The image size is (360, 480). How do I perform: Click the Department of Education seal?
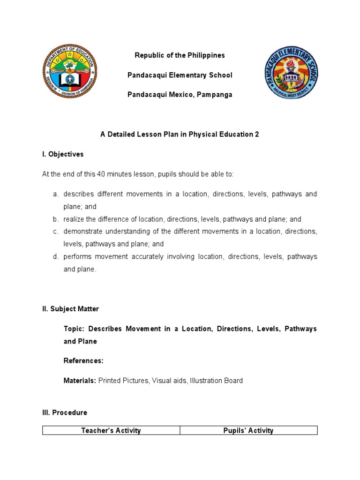coord(70,72)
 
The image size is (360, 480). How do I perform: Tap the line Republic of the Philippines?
coord(180,55)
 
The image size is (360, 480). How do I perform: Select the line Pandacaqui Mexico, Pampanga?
coord(180,95)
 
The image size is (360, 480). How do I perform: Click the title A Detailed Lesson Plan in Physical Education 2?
coord(180,134)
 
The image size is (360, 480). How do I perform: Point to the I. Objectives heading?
coord(63,154)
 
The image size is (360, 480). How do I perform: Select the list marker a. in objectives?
coord(55,194)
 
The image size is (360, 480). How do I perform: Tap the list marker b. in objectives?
coord(55,219)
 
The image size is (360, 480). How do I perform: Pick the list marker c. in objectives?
coord(55,232)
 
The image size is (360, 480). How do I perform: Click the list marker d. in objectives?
coord(55,256)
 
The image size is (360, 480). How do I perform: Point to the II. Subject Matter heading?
coord(70,309)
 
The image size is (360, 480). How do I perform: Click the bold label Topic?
coord(74,329)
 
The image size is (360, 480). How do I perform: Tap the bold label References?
coord(83,361)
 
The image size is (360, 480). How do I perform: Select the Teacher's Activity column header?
coord(111,430)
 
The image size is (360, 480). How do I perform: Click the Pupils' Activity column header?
coord(248,430)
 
